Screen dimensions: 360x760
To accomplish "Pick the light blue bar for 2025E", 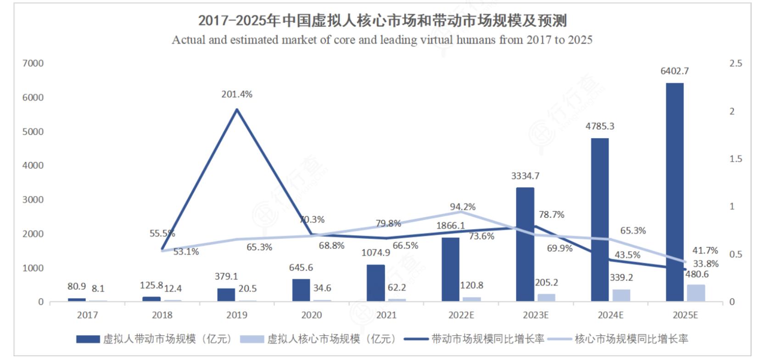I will point(696,293).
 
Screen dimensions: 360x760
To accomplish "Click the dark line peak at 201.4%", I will point(237,109).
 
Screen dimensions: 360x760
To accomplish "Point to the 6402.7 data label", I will point(674,71).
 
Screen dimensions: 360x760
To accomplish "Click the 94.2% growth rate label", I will point(463,207).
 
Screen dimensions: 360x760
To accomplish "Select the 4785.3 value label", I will point(599,126).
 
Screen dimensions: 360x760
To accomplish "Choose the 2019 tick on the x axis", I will point(237,315).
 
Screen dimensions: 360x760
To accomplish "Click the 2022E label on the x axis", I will point(461,315).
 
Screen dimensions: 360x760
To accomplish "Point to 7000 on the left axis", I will point(33,63).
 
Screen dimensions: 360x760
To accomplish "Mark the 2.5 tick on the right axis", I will point(735,63).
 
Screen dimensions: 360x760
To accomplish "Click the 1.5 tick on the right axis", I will point(735,159).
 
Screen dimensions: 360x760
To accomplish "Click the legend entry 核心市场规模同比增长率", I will point(631,339).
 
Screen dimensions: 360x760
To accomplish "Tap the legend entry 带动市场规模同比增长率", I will point(487,339).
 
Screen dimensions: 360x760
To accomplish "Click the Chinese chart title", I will point(382,21).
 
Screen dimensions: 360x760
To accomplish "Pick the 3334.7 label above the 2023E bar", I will point(525,176).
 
